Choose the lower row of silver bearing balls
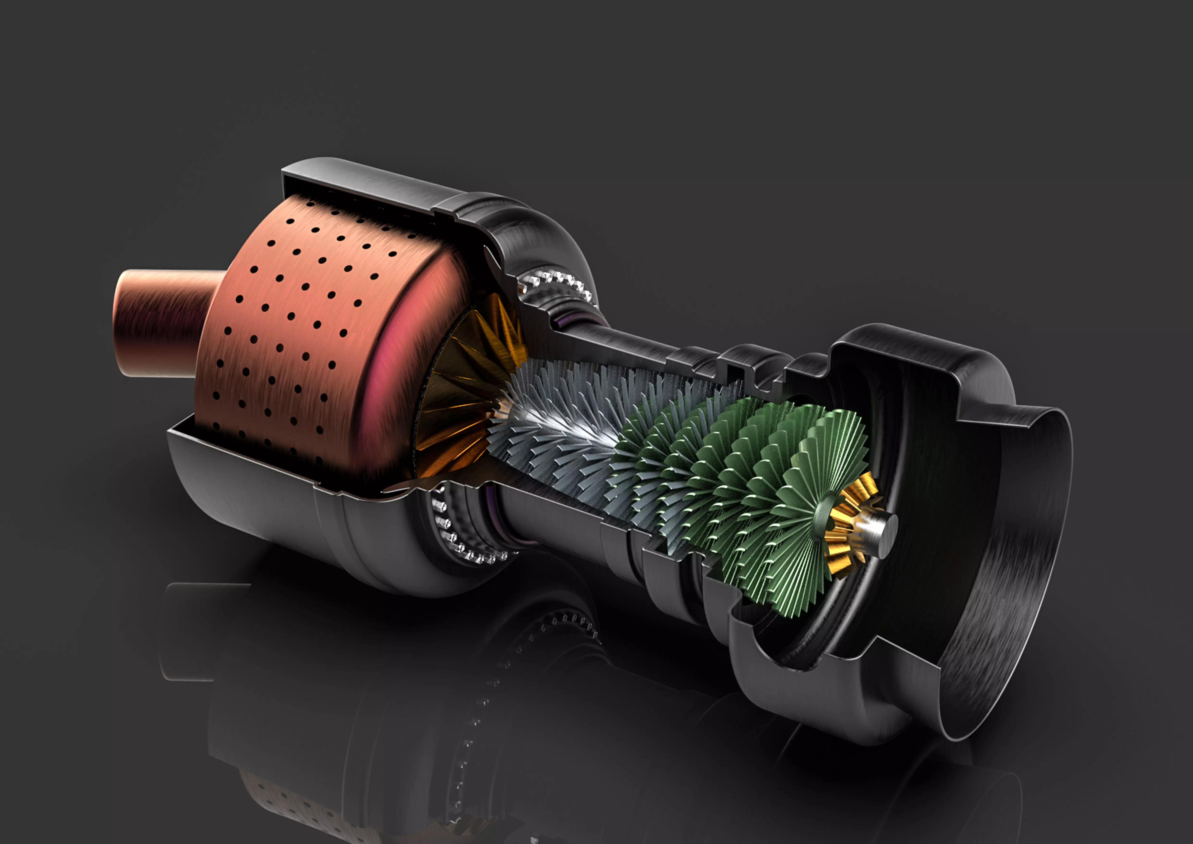click(468, 546)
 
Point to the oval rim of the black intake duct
click(1060, 572)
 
